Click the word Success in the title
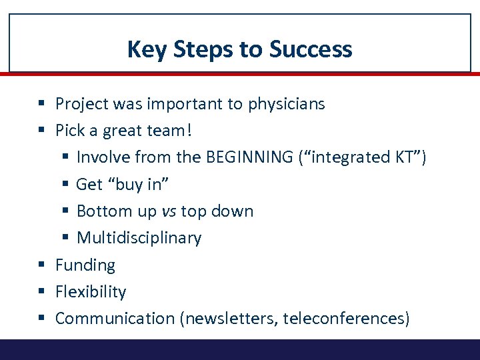(311, 49)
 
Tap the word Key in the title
(144, 49)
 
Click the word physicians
(286, 104)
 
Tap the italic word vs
(169, 211)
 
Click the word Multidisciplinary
(139, 238)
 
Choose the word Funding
(85, 265)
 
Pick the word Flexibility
(91, 292)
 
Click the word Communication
(115, 319)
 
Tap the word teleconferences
(345, 319)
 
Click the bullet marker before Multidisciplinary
(64, 238)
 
